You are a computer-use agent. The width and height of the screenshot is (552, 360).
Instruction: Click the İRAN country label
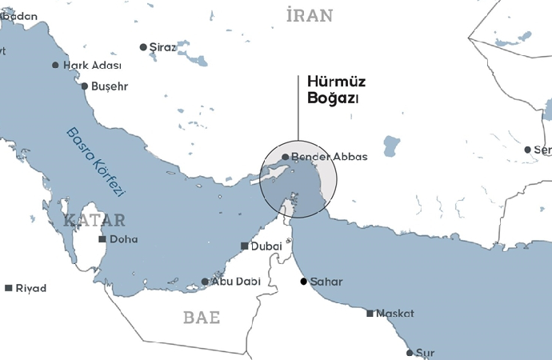click(x=310, y=15)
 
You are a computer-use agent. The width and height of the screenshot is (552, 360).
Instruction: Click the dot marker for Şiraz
click(x=143, y=47)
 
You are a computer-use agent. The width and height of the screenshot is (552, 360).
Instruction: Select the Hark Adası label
click(x=92, y=66)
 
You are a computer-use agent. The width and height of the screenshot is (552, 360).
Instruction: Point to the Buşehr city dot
click(x=84, y=86)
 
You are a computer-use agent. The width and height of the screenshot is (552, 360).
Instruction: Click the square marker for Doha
click(x=102, y=239)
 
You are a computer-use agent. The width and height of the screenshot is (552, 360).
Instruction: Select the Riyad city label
click(x=31, y=288)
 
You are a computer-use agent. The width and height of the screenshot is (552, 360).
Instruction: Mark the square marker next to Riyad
click(x=8, y=288)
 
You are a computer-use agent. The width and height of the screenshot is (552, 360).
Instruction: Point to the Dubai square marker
click(x=245, y=246)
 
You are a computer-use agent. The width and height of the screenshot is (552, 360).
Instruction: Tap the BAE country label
click(x=201, y=318)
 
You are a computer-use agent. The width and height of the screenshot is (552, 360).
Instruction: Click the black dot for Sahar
click(x=304, y=282)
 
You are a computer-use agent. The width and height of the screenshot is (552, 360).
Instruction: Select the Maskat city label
click(x=395, y=313)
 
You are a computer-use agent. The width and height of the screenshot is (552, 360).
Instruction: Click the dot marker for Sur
click(x=410, y=352)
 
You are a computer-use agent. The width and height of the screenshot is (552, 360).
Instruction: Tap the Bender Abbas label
click(x=330, y=157)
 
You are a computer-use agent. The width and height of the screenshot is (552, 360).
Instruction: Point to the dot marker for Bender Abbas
click(x=286, y=157)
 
